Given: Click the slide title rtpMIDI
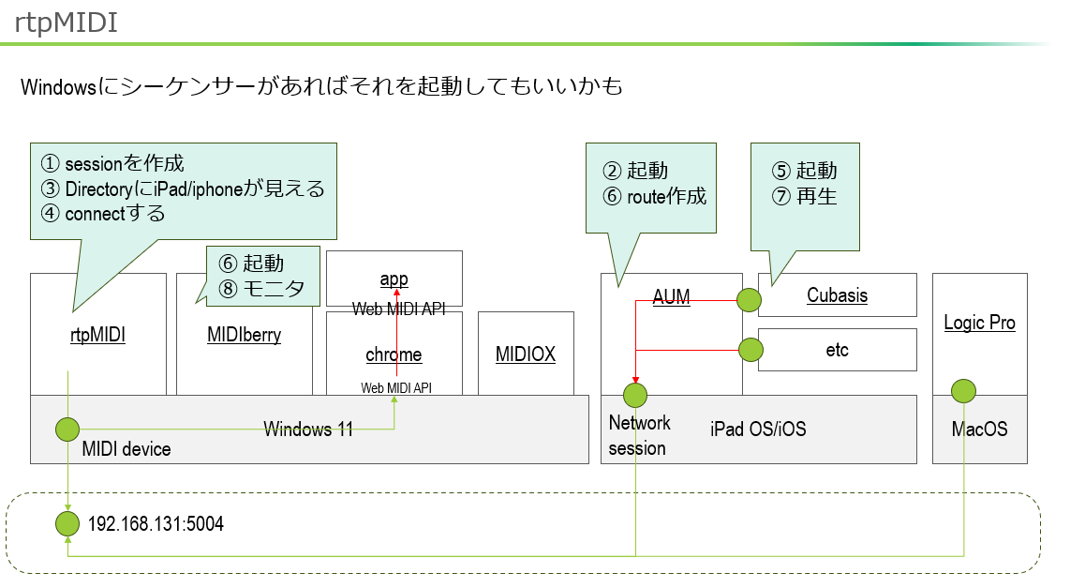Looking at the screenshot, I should point(67,24).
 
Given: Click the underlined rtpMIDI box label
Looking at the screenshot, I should point(98,334).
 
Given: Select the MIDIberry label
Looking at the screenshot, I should point(244,334).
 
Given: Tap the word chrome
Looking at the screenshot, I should point(394,354).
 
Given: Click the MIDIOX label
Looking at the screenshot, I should point(526,354).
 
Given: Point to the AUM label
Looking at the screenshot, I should point(671,297).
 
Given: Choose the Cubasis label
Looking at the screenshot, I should point(837,295).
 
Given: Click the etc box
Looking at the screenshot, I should point(837,350).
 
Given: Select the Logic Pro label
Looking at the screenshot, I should point(979,323).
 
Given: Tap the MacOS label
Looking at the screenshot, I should point(979,430).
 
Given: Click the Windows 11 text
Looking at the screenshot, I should point(308,430).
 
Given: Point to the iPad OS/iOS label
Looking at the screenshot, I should point(757,430).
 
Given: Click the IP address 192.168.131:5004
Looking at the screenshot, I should point(156,524).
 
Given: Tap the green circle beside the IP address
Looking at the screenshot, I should point(67,523).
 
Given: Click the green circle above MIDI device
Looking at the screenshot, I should point(67,430).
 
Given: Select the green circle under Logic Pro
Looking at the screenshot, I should point(963,390).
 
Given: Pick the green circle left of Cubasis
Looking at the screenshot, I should point(749,300).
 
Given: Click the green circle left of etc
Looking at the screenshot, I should point(750,350).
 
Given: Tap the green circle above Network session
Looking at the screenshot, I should point(636,395).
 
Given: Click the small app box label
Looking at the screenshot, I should point(394,279).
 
